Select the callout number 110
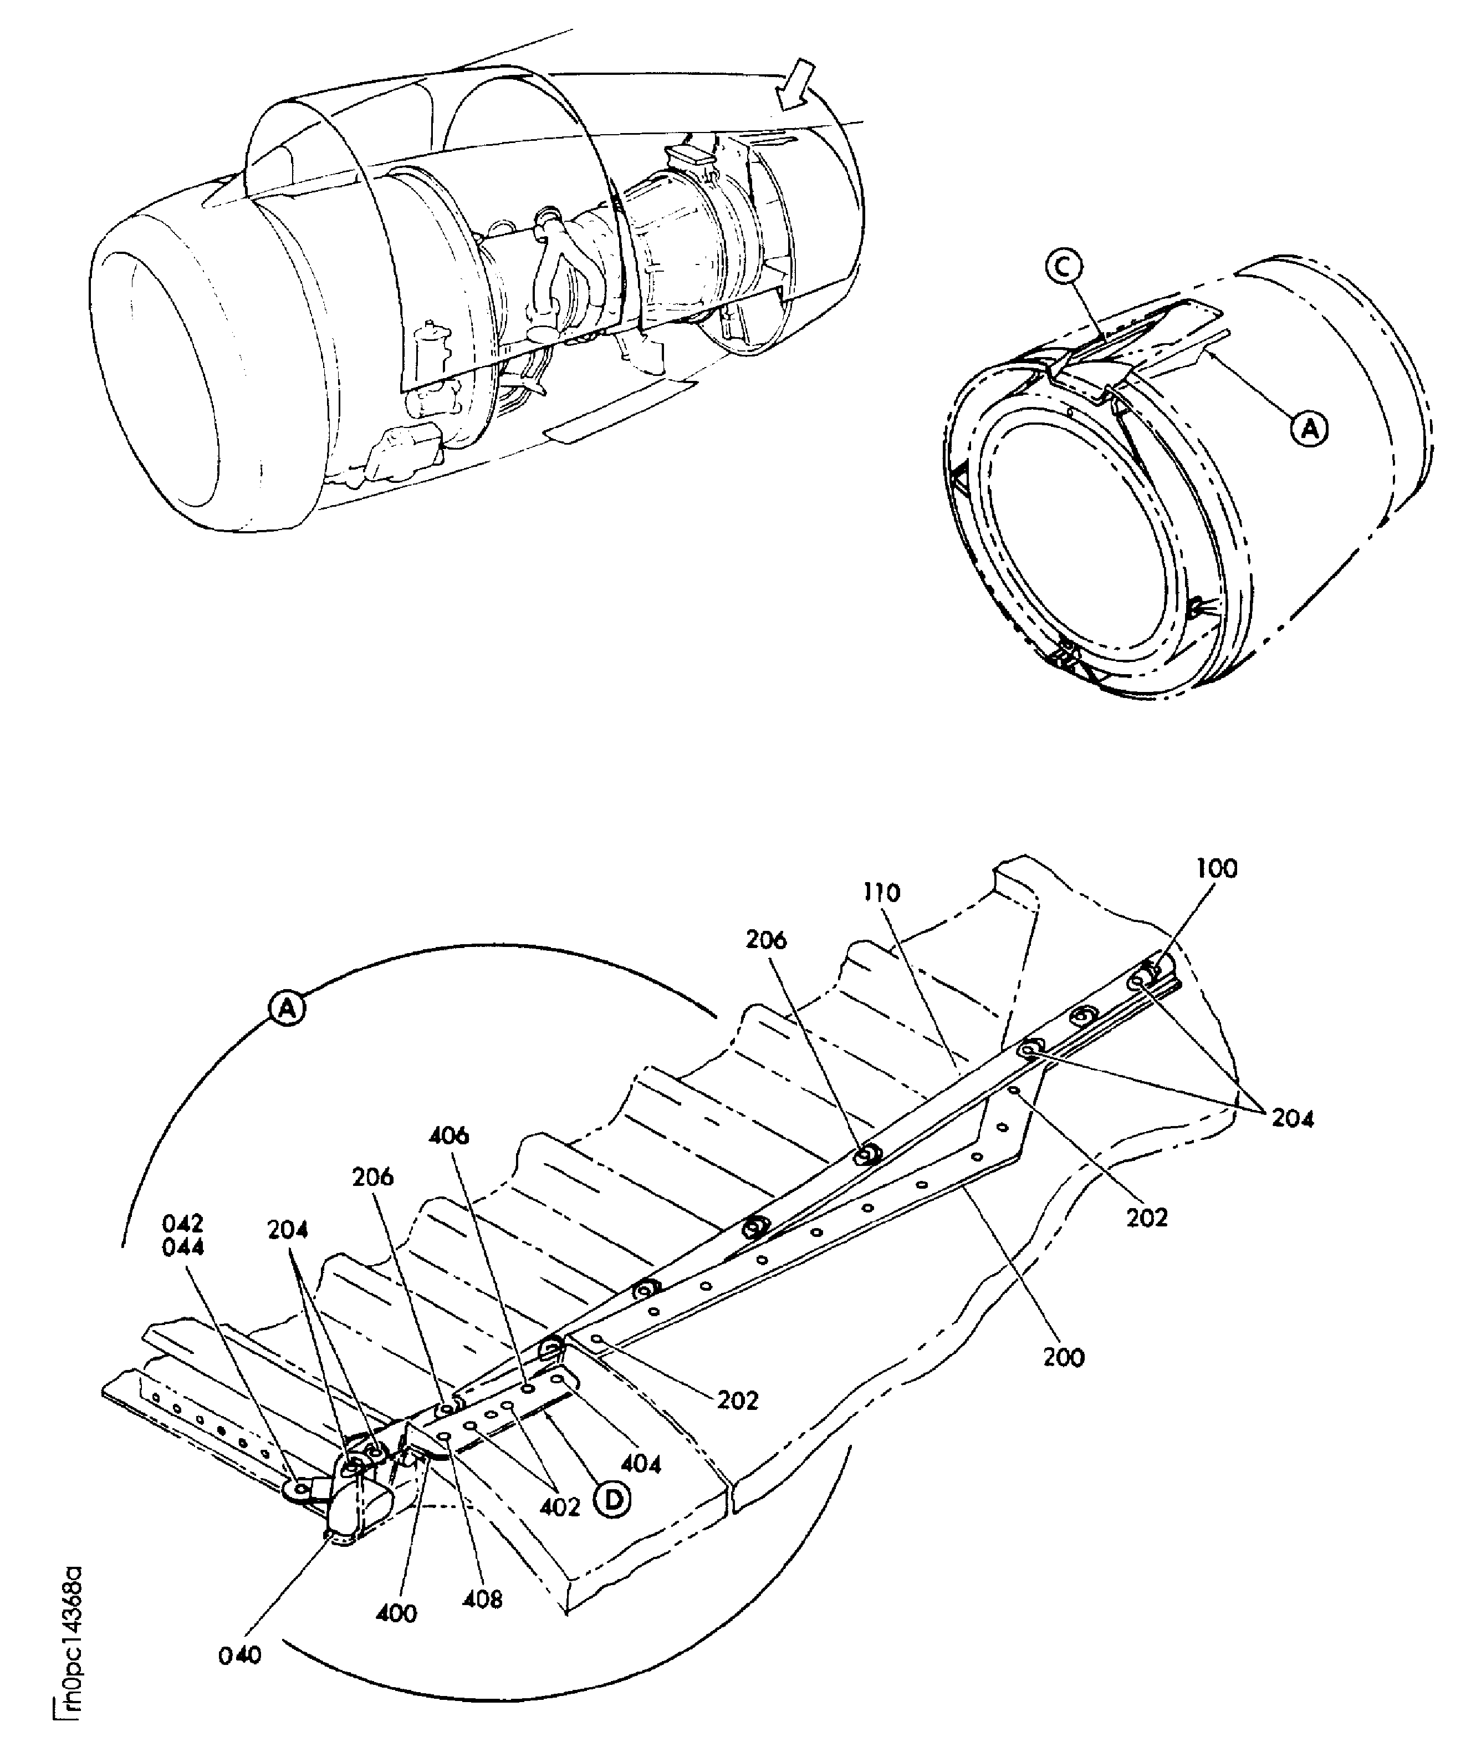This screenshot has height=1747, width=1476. pos(882,893)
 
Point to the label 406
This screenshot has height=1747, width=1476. pos(450,1136)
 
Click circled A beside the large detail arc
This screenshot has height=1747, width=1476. pos(287,1008)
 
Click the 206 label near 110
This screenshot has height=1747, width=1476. pos(767,940)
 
